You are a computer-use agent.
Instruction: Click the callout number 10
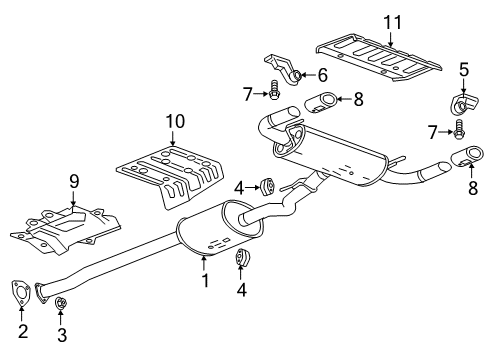[175, 121]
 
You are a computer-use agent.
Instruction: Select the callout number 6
[322, 75]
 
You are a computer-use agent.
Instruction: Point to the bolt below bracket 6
[274, 93]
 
